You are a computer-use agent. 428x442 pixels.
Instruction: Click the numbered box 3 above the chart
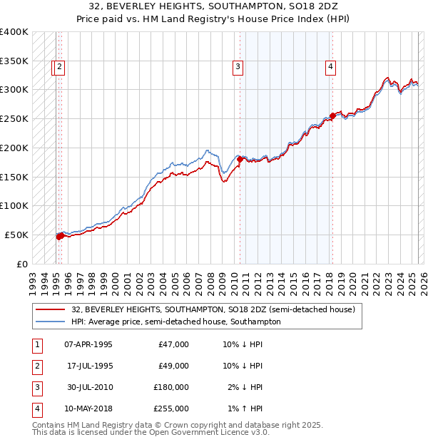point(238,68)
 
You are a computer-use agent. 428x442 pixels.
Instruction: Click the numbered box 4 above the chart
point(331,68)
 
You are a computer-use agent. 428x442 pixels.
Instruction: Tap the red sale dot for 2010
point(240,160)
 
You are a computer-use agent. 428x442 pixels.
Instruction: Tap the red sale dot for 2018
point(332,115)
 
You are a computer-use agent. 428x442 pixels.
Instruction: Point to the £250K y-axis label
point(14,118)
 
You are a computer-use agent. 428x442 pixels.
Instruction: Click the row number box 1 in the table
point(36,344)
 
